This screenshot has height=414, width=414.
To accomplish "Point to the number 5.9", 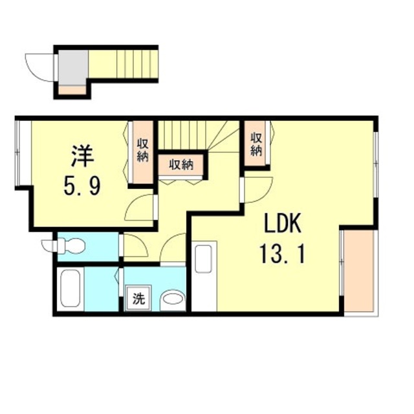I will pos(82,187).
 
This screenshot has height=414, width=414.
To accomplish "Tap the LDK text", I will pos(282,224).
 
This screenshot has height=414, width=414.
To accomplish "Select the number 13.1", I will pos(283,253).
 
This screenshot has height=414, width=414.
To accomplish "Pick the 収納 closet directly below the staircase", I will pos(182,165).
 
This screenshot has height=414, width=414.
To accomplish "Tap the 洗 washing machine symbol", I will pos(138,299).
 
